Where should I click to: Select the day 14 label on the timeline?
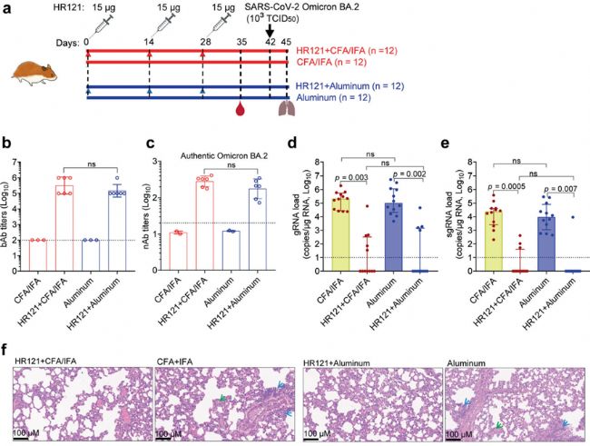149,41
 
